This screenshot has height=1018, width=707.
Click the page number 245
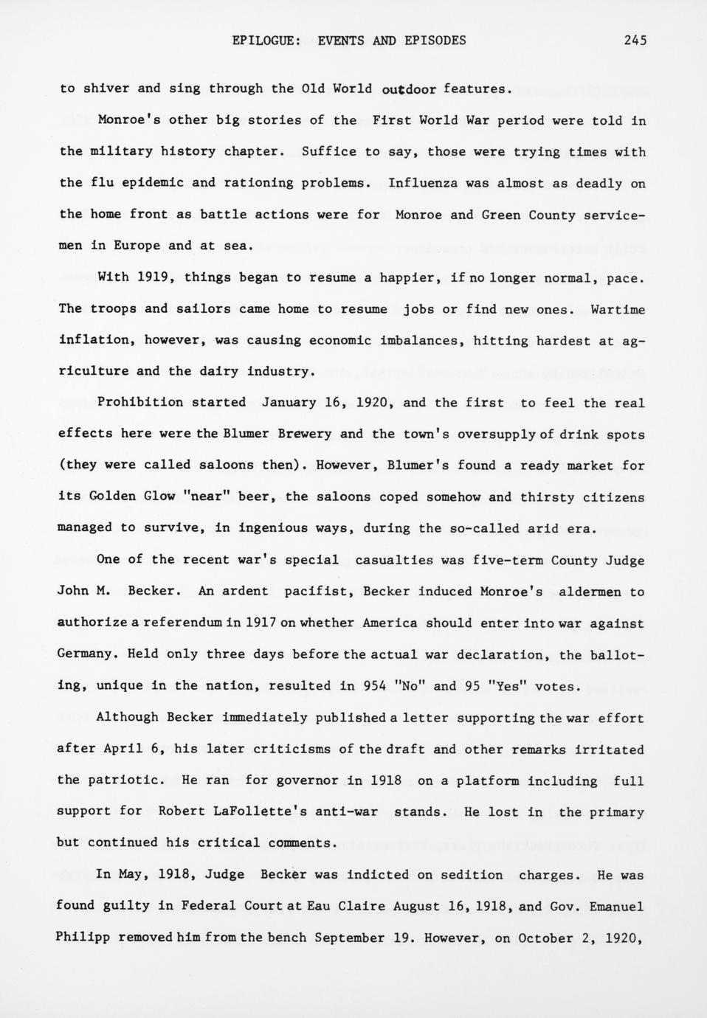[x=635, y=41]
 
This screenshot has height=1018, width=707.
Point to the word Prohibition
[x=140, y=403]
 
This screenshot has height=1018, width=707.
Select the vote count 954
[x=375, y=686]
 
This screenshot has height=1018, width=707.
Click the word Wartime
[x=618, y=309]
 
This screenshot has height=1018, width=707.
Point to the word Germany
[x=86, y=654]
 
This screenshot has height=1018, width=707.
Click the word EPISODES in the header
[x=435, y=41]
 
